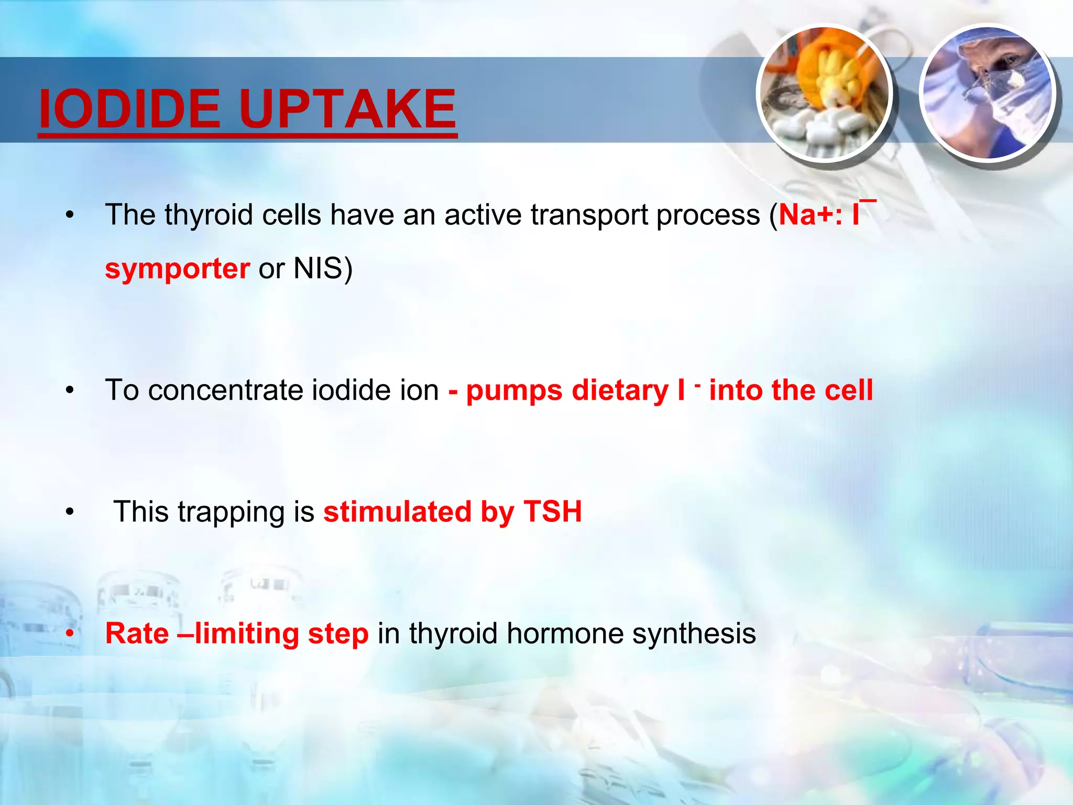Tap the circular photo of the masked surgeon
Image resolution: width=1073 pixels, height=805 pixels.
(x=988, y=93)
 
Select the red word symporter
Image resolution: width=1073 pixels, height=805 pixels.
(x=177, y=269)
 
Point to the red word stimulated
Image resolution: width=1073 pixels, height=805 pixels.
(x=397, y=512)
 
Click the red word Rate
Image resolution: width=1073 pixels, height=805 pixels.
(x=137, y=634)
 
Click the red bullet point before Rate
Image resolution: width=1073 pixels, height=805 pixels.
(x=70, y=634)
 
